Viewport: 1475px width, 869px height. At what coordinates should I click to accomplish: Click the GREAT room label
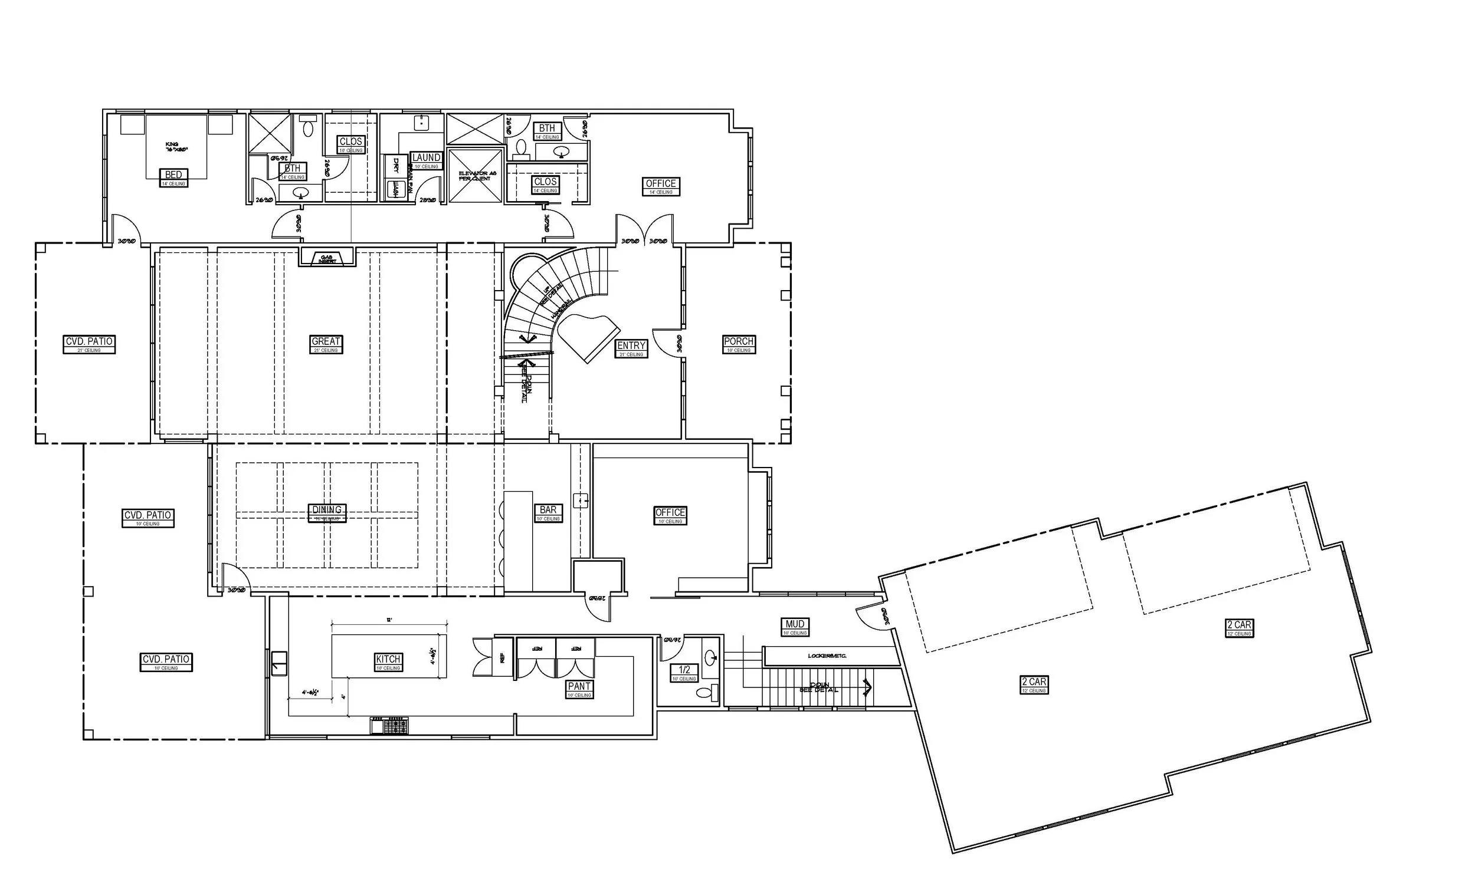coord(326,341)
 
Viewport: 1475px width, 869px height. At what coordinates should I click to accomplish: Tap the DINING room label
coord(327,510)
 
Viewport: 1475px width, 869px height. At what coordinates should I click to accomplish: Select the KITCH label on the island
coord(388,659)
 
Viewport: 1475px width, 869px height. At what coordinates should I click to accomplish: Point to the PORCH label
coord(738,341)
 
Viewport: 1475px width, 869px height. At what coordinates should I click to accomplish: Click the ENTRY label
coord(631,345)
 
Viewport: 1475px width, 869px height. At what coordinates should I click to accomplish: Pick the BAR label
coord(548,510)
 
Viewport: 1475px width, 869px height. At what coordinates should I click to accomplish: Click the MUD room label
coord(795,624)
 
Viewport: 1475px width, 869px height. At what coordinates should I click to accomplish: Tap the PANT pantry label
coord(579,686)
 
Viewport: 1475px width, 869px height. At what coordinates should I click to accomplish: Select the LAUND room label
coord(426,158)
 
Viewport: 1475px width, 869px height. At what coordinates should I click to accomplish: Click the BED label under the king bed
coord(173,175)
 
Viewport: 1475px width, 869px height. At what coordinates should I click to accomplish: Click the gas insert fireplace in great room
coord(327,258)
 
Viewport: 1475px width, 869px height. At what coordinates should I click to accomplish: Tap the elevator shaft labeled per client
coord(475,175)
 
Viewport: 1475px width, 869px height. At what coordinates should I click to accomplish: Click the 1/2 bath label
coord(684,670)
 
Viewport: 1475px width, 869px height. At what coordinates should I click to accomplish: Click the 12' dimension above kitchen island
coord(389,620)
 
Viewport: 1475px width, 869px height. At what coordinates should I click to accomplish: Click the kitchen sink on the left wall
coord(279,663)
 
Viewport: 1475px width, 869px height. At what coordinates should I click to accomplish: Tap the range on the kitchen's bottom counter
coord(389,725)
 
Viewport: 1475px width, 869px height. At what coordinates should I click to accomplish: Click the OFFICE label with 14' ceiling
coord(660,184)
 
